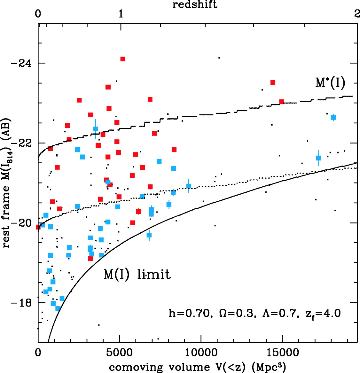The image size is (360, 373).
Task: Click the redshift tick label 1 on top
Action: point(121,14)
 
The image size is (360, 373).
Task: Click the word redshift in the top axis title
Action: point(195,4)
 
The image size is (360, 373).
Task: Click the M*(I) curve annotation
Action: point(330,83)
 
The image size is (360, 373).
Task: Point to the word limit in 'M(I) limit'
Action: point(154,275)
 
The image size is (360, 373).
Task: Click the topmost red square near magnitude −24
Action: point(123,59)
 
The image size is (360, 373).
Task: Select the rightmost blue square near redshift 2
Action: point(333,117)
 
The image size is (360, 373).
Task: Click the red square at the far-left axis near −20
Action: point(38,227)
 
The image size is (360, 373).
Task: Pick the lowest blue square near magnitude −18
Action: point(58,308)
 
